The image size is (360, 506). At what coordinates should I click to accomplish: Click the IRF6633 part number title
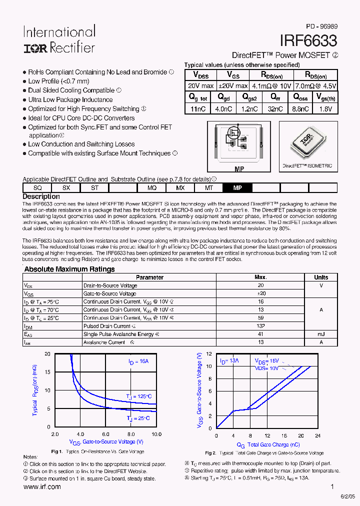coord(308,40)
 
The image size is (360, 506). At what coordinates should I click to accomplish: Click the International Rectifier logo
coord(59,39)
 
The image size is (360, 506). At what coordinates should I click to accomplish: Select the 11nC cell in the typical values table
coord(198,108)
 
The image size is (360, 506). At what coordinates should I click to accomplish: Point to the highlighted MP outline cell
coord(237,187)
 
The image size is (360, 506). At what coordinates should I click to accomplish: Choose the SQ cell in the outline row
coord(37,187)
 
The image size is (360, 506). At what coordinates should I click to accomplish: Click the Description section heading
coord(41,196)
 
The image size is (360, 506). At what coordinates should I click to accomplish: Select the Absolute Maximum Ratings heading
coord(69,269)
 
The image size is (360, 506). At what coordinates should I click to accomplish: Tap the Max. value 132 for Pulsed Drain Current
coord(260,326)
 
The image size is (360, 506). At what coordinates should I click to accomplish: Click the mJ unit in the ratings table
coord(321,334)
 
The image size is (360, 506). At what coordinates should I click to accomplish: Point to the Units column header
coord(321,277)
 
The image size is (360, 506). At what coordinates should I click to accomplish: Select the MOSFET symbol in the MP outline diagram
coord(233,134)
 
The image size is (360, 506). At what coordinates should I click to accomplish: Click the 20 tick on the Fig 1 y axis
coord(47,354)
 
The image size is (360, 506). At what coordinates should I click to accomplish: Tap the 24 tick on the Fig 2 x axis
coord(318,435)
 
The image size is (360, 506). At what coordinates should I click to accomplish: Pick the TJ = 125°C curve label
coord(137,396)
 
